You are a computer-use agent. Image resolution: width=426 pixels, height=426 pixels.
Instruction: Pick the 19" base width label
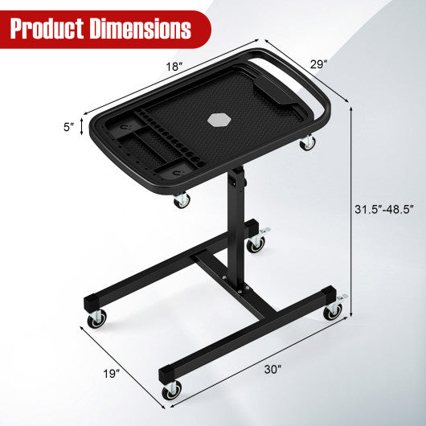pos(111,372)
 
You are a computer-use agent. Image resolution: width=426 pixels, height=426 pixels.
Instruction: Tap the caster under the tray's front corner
pos(182,200)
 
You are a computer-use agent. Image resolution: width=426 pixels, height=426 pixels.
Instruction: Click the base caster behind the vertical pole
pos(256,242)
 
